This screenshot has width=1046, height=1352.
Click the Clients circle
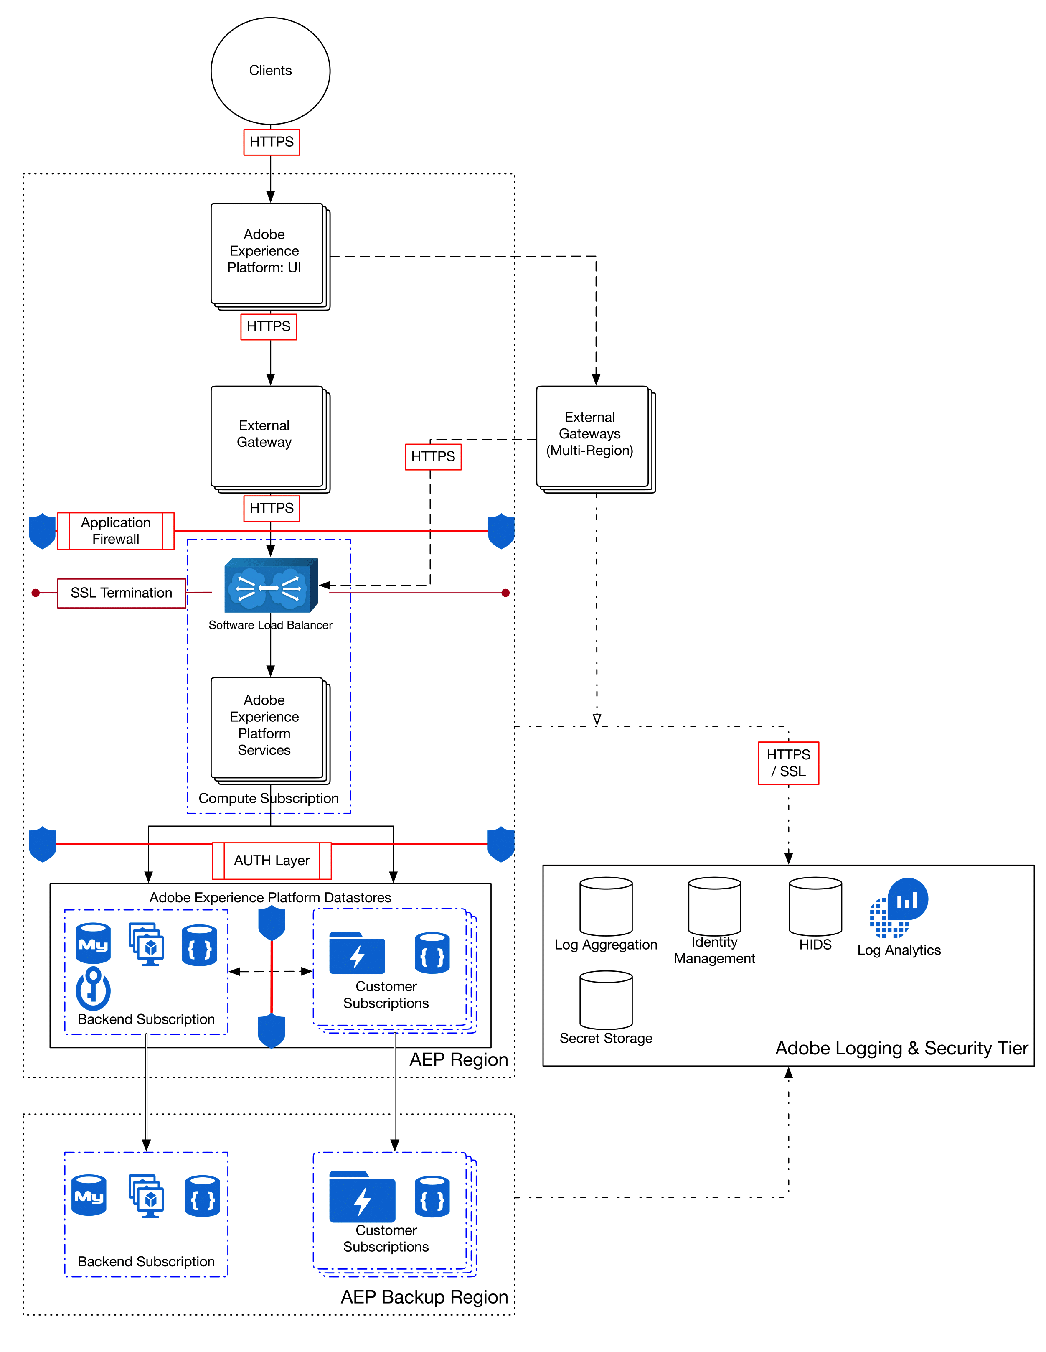tap(270, 71)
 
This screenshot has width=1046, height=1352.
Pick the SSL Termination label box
tap(121, 593)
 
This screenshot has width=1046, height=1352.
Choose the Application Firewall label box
tap(116, 530)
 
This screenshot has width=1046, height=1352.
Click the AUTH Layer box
tap(272, 861)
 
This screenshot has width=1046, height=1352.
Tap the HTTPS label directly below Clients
tap(272, 142)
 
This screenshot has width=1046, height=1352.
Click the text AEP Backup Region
tap(424, 1297)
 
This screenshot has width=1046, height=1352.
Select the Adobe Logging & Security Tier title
tap(901, 1048)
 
